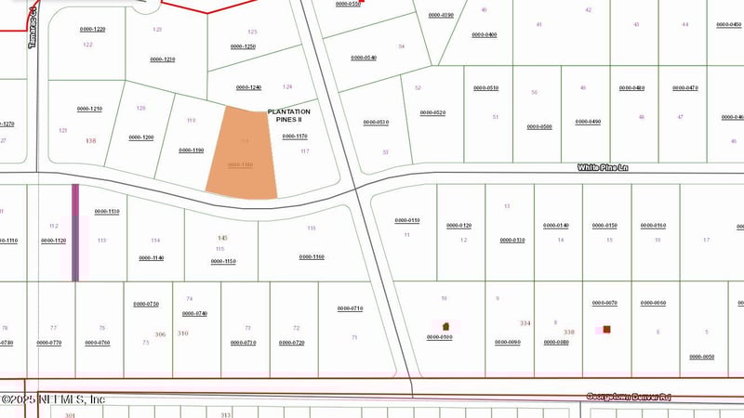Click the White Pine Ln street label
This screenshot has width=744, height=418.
tap(604, 167)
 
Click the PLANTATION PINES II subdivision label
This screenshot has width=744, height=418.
tap(289, 116)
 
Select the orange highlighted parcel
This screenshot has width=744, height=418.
tap(243, 152)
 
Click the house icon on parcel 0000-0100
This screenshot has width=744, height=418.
tap(445, 326)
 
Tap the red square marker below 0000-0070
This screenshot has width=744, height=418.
tap(606, 329)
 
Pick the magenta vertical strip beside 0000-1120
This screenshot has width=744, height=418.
tap(75, 232)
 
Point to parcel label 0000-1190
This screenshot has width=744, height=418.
tap(191, 150)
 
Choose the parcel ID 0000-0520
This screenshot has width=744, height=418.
tap(432, 112)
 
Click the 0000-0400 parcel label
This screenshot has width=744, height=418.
tap(484, 35)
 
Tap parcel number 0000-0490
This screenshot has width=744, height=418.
tap(588, 122)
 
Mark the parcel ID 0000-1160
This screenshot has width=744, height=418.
tap(312, 256)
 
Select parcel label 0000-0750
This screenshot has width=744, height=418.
tap(146, 304)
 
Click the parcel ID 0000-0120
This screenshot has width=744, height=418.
tap(459, 226)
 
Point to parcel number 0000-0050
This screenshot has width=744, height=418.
tap(701, 357)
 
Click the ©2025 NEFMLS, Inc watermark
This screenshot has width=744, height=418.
tap(53, 399)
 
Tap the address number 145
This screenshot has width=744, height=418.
tap(222, 239)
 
